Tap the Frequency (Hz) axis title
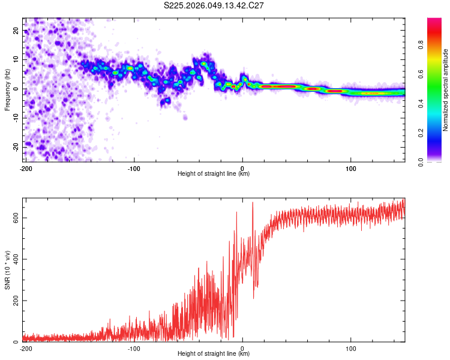[7, 89]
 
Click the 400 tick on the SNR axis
[14, 259]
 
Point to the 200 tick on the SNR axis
[14, 301]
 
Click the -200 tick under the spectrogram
[25, 167]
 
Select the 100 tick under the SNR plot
[351, 348]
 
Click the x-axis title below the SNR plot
[214, 354]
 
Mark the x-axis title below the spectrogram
[214, 174]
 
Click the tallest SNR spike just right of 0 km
[253, 203]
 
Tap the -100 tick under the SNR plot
[134, 348]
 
